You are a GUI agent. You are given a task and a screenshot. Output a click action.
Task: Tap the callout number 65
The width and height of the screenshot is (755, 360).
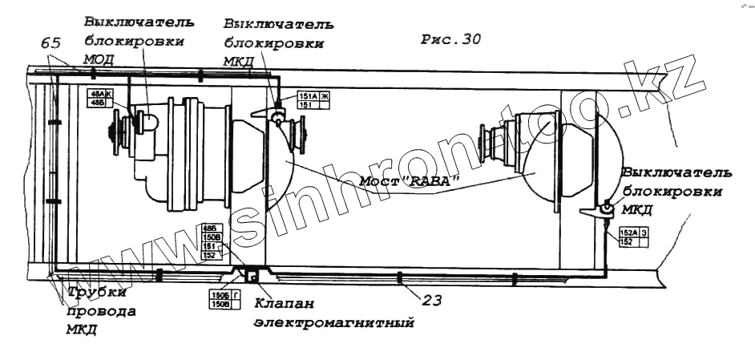pyautogui.click(x=51, y=43)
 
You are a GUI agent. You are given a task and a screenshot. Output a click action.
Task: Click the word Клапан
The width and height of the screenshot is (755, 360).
pyautogui.click(x=281, y=304)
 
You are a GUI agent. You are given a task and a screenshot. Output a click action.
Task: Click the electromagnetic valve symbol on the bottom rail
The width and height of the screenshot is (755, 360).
pyautogui.click(x=252, y=276)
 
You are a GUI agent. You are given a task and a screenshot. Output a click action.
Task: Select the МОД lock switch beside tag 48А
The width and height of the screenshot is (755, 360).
pyautogui.click(x=147, y=122)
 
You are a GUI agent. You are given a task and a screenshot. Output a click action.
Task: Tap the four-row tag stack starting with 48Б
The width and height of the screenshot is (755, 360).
pyautogui.click(x=212, y=241)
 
